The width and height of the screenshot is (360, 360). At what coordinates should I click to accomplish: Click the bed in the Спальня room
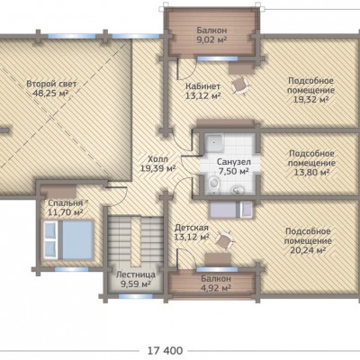coord(68,239)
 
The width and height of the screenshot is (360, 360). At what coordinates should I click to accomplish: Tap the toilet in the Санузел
coord(213,183)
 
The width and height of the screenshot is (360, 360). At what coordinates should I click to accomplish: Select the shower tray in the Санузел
coord(213,143)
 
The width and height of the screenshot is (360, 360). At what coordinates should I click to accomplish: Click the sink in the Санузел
coord(238,190)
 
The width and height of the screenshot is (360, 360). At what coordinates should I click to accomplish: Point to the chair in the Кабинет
coord(240,85)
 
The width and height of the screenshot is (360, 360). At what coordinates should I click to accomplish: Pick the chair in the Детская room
coord(224,239)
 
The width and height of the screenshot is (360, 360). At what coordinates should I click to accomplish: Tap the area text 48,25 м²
coord(50,94)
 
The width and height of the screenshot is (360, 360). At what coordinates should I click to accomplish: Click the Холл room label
coord(158,159)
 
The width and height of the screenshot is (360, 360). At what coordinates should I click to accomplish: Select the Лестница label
coord(136,274)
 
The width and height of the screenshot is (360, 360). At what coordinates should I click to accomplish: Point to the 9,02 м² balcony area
coord(211,40)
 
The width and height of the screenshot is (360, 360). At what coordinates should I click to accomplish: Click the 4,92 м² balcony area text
coord(216,288)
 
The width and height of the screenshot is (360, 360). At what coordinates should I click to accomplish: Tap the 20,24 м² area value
coord(308,250)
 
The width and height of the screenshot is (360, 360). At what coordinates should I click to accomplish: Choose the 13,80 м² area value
coord(311,172)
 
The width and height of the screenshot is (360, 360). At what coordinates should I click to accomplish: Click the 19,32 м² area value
coord(310,100)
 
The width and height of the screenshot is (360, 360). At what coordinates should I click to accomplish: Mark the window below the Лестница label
coord(136,296)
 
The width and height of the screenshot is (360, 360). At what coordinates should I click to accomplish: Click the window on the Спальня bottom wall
coord(71,269)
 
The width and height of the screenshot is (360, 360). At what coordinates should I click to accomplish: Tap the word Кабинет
coord(202,86)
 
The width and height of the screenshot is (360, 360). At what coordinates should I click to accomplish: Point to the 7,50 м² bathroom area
coord(233,172)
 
